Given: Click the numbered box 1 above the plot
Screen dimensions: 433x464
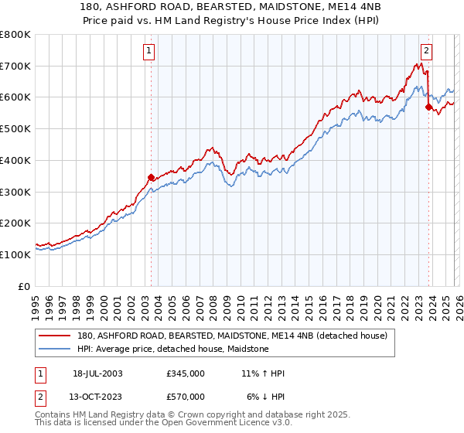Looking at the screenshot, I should point(148,52).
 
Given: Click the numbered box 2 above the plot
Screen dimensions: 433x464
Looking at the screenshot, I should point(426,52).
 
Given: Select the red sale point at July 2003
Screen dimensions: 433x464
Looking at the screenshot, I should point(151,177).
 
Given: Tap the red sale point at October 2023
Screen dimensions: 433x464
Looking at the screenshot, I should point(428,107).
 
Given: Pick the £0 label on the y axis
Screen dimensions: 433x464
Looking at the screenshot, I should point(24,286).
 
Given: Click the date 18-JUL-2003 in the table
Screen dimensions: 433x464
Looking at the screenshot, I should point(97,374).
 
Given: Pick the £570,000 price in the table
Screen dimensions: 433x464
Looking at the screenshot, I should point(185,397).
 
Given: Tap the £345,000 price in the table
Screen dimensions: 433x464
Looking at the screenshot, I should point(185,374).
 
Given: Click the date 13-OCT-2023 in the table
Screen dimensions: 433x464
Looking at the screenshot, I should point(97,397).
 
